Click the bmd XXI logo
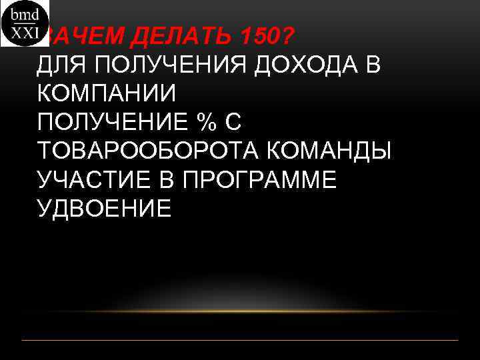[25, 23]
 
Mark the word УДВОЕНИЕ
[105, 209]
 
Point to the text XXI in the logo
[25, 34]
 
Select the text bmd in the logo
[25, 13]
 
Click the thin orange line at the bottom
[240, 341]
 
